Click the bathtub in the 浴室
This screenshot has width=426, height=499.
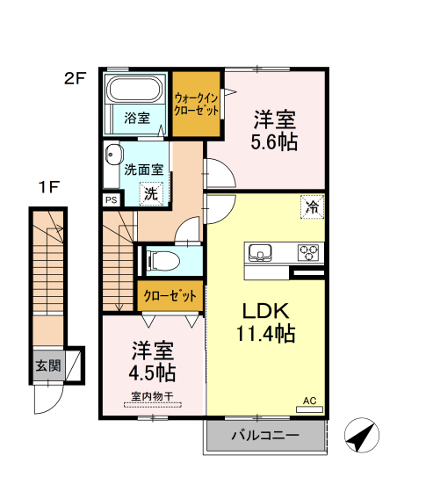135,89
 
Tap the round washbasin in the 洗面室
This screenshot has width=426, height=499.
112,155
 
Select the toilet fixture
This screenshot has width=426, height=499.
162,261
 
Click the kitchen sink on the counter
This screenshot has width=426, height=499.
260,252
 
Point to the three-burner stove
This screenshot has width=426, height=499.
308,252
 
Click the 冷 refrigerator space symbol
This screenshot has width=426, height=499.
313,206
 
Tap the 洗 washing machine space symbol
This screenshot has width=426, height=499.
151,193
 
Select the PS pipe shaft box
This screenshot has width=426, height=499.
112,200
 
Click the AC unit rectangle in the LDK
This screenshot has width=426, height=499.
309,409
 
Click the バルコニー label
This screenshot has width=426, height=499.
265,435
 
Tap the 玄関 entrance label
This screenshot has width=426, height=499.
48,365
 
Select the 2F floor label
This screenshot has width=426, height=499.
75,78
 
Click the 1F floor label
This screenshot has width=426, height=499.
49,187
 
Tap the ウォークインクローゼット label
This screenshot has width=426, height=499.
196,105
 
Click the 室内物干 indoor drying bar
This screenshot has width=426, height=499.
152,405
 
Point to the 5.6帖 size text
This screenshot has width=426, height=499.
274,142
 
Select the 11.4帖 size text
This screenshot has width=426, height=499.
265,333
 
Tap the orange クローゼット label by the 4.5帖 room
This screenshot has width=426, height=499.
170,296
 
